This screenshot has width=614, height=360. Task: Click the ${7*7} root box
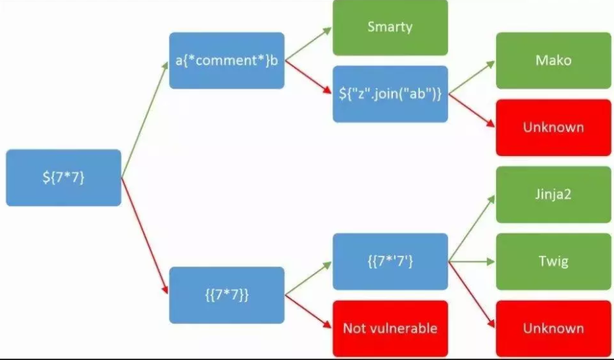(63, 178)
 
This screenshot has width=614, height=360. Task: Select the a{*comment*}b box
(226, 61)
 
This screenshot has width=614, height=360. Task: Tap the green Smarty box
(390, 28)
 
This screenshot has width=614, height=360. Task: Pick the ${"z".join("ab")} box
(390, 94)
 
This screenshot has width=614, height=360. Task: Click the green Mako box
(553, 61)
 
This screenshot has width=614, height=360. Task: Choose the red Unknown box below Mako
(553, 127)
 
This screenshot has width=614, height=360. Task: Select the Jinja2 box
(553, 195)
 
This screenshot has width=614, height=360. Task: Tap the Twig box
(553, 261)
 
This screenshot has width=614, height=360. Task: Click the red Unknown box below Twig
(553, 328)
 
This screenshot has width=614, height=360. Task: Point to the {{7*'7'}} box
(390, 261)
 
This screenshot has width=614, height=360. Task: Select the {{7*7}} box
(226, 295)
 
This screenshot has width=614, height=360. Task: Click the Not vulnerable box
(390, 328)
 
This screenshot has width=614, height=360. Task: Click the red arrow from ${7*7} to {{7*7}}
(145, 236)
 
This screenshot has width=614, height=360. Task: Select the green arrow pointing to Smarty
(308, 45)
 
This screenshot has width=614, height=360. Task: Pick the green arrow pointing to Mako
(471, 78)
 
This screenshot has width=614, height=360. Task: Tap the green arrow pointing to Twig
(471, 261)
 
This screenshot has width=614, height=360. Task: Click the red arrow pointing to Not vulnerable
(308, 311)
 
